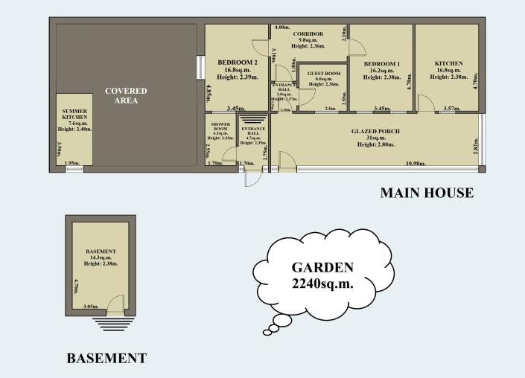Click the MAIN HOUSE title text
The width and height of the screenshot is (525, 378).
pyautogui.click(x=427, y=193)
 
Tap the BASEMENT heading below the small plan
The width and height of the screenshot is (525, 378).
pyautogui.click(x=106, y=358)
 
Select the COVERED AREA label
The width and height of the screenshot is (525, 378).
pyautogui.click(x=126, y=96)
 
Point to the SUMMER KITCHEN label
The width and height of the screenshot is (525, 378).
pyautogui.click(x=74, y=114)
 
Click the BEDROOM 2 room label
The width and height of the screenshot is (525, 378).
pyautogui.click(x=238, y=62)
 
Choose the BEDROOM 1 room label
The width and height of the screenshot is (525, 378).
pyautogui.click(x=382, y=64)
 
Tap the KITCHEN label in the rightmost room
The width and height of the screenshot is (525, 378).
pyautogui.click(x=449, y=64)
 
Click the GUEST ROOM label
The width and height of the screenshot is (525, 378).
pyautogui.click(x=323, y=74)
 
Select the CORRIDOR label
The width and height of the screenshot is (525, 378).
pyautogui.click(x=308, y=35)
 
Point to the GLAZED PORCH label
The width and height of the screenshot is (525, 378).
pyautogui.click(x=376, y=131)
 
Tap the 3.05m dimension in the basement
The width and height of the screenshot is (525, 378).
pyautogui.click(x=91, y=306)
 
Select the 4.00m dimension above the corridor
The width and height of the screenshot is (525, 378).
pyautogui.click(x=282, y=28)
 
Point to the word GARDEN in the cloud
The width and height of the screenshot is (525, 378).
pyautogui.click(x=322, y=267)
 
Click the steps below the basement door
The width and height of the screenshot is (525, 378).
pyautogui.click(x=113, y=324)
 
